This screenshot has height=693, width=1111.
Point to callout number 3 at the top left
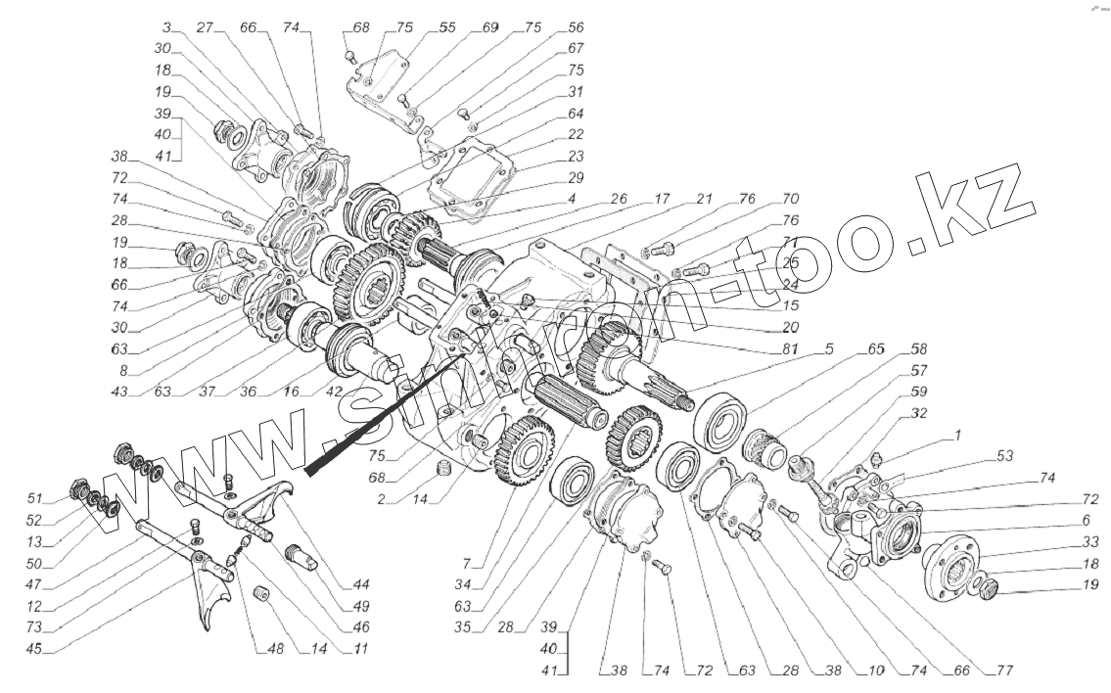[168, 28]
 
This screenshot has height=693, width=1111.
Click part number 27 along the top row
[204, 28]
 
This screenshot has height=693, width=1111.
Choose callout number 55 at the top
[447, 28]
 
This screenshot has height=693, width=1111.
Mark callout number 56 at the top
[576, 28]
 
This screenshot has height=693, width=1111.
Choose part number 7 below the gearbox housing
[468, 564]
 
